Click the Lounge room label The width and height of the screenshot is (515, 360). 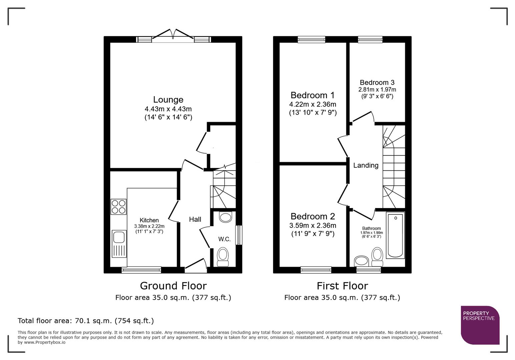coord(168,100)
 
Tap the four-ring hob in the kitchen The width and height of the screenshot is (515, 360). coord(118,206)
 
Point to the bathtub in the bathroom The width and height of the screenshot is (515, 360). coord(395,235)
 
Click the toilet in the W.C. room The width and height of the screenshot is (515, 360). coord(223,257)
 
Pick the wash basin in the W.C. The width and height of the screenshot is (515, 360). coord(226,217)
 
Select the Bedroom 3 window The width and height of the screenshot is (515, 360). coord(370,40)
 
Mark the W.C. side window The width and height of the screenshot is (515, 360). coord(239,235)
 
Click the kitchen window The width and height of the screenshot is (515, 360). coord(141,270)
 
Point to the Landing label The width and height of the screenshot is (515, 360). coord(366,165)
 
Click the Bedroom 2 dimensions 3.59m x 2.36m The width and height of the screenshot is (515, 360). coord(313,226)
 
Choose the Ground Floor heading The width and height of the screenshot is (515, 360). coord(173,286)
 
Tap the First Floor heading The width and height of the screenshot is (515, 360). coord(342,286)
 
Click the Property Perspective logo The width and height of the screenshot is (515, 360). coord(480,325)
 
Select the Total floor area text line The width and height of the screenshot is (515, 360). coord(86,321)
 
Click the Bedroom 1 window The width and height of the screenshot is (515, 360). coord(312,40)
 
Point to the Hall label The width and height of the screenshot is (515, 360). coord(195,219)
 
